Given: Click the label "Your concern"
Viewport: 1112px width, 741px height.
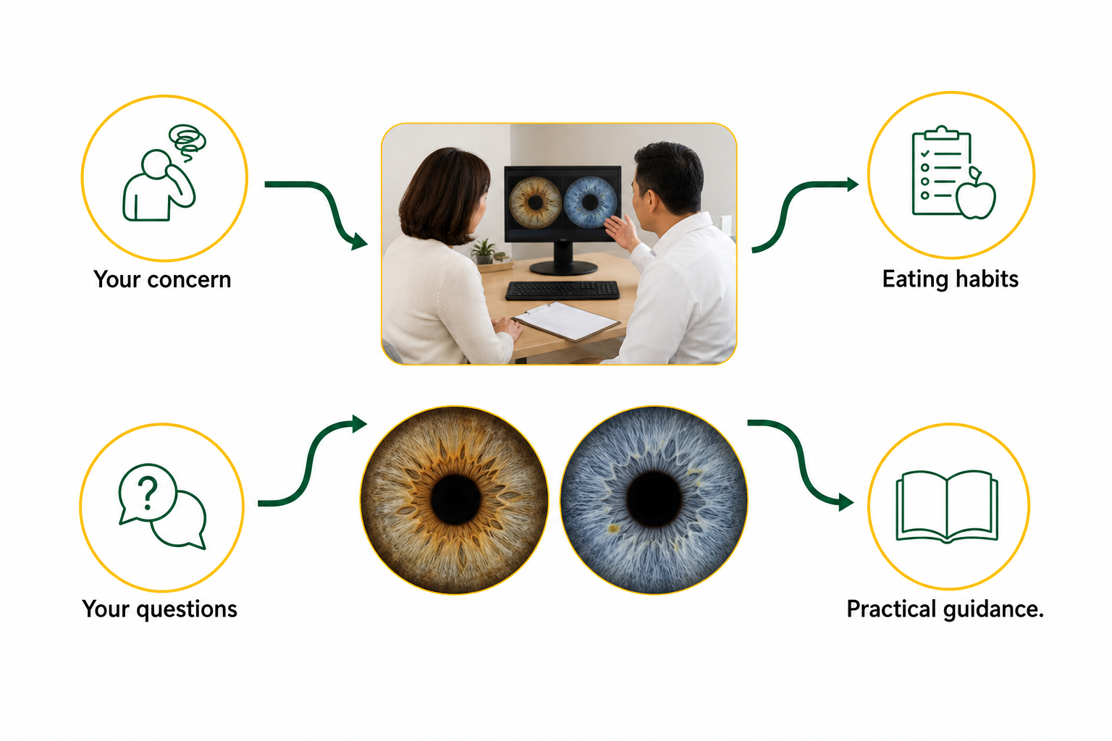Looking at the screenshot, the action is coord(162,280).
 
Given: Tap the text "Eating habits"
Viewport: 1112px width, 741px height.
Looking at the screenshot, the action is coord(950,279).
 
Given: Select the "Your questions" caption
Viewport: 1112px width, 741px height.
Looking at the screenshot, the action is coord(159,609).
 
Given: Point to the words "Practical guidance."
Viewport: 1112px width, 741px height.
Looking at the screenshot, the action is coord(945,609).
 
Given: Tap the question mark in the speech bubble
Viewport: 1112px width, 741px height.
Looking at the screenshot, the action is coord(148,493).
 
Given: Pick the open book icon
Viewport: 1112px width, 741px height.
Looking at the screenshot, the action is coord(947,507).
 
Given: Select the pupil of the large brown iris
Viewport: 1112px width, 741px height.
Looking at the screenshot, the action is coord(455,499).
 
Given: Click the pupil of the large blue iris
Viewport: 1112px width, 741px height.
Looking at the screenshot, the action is coord(653,499).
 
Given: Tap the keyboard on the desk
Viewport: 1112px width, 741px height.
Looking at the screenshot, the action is coord(563,290).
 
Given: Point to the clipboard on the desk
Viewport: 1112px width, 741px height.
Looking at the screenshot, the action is coord(567,321).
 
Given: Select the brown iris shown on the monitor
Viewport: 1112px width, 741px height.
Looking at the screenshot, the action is coord(535,203).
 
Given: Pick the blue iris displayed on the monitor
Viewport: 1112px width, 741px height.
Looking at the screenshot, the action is coord(590,203).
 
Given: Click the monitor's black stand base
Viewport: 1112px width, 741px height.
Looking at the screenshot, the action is coord(563,268).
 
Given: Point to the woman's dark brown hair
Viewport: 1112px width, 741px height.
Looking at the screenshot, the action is coord(444,196).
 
